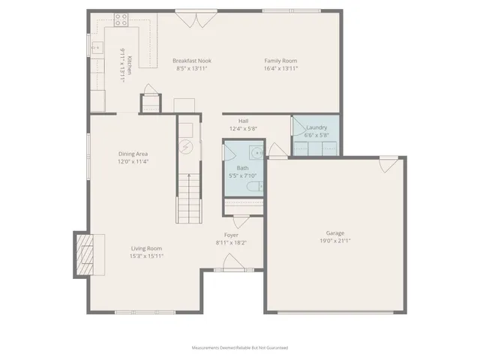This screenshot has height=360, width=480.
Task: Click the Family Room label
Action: tap(281, 61)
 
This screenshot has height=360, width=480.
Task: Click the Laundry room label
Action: tap(316, 127)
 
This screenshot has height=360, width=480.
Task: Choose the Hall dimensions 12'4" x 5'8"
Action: tap(244, 128)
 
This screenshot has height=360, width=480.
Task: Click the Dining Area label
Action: tap(133, 154)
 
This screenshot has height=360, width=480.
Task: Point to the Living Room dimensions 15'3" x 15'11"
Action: tap(147, 256)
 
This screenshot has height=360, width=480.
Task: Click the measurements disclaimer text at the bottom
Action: tap(239, 347)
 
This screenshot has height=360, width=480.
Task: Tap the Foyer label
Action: tap(232, 235)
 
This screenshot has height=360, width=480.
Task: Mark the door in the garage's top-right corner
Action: tap(388, 163)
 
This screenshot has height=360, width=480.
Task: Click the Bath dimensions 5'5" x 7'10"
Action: tap(242, 176)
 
